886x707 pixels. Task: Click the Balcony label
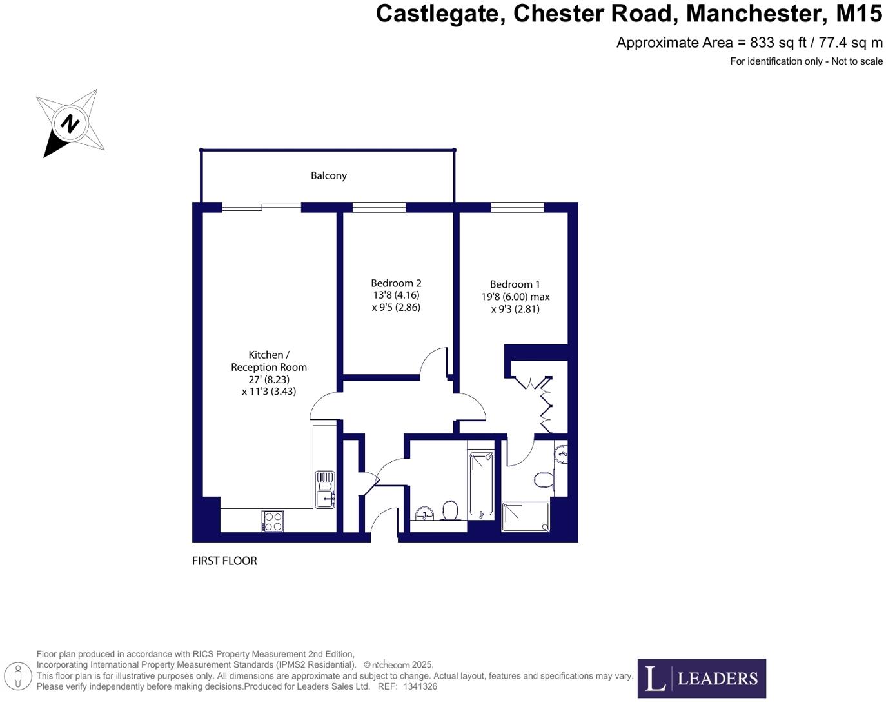tap(328, 175)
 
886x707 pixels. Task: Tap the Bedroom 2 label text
tap(396, 283)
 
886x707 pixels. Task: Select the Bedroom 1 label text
tap(515, 284)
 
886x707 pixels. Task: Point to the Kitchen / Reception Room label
tap(269, 361)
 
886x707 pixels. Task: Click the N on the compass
tap(70, 123)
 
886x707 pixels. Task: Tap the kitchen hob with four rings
tap(273, 521)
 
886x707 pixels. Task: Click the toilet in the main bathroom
tap(450, 511)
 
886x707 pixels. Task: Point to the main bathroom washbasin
tap(424, 514)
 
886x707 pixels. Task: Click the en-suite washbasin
tap(562, 453)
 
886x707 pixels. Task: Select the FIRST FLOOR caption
tap(224, 561)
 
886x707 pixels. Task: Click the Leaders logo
tap(702, 678)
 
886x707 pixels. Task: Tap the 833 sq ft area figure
tap(778, 43)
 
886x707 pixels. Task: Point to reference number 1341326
tap(420, 687)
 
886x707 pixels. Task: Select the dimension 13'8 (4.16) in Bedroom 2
tap(396, 295)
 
